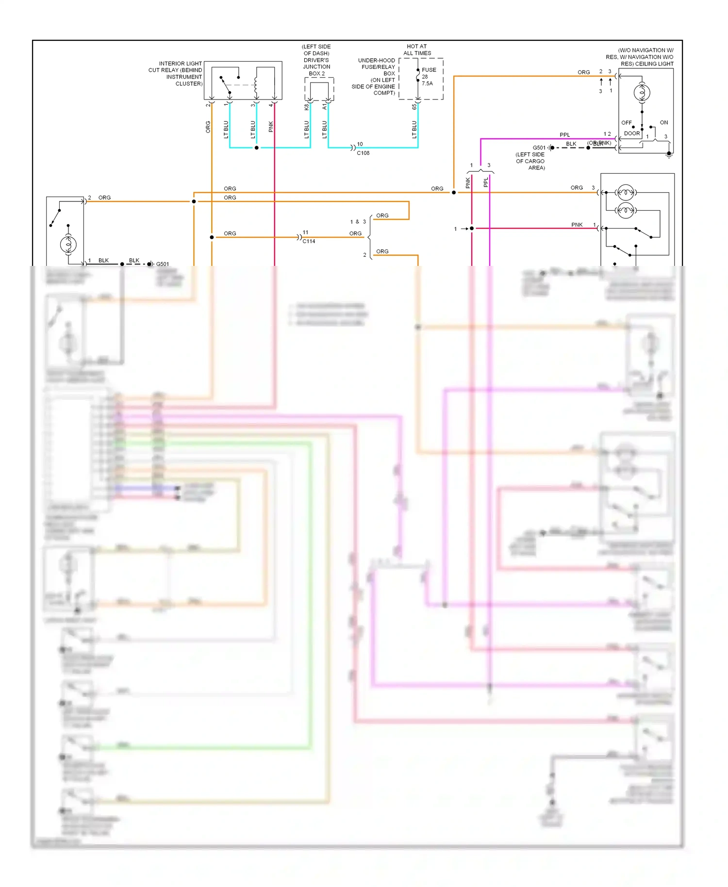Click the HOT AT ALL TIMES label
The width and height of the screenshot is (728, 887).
417,50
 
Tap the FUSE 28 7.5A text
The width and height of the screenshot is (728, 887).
428,77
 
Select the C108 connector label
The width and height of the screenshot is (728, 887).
363,153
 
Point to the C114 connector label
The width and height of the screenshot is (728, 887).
309,241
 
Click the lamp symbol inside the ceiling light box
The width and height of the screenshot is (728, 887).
642,93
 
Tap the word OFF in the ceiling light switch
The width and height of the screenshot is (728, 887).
627,123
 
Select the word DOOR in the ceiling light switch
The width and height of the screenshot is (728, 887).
631,133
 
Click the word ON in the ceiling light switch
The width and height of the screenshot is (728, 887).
663,123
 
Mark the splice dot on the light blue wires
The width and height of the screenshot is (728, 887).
257,148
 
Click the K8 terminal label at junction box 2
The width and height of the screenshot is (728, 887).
307,107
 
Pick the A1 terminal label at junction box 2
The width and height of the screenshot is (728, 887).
325,107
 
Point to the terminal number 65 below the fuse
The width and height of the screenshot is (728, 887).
414,107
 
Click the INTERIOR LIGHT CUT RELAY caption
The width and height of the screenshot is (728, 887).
175,74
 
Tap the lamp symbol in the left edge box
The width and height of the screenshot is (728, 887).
68,244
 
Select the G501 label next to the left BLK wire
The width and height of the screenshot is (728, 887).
163,264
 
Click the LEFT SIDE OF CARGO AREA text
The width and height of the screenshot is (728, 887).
530,161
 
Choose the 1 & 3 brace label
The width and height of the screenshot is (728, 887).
358,222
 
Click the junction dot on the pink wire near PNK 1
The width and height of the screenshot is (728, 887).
472,228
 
